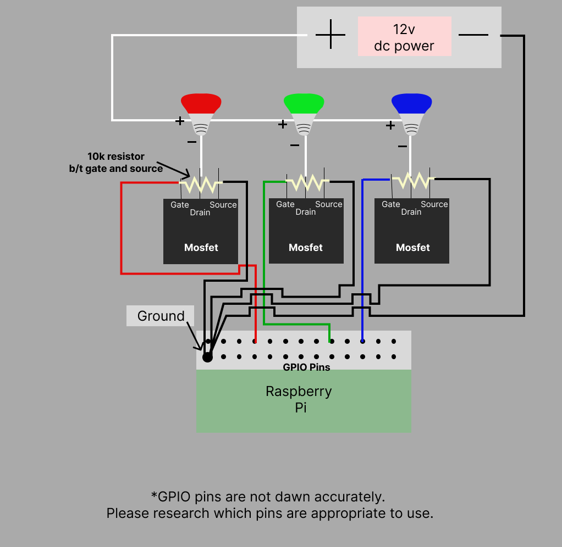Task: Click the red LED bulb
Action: (201, 113)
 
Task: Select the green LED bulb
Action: (304, 113)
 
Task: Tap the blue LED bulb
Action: (411, 113)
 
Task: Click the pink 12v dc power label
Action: (404, 37)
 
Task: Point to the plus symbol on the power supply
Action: (330, 35)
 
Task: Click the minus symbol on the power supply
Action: (473, 35)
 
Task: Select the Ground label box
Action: (161, 316)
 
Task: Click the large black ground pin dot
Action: (207, 357)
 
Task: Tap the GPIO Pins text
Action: (306, 367)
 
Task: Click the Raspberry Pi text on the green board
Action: (299, 399)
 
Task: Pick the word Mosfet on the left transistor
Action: (201, 248)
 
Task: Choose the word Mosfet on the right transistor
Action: (412, 248)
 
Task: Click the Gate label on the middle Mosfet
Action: (285, 204)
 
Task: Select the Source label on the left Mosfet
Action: (223, 205)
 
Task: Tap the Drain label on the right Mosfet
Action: (411, 212)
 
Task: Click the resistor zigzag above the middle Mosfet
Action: (307, 181)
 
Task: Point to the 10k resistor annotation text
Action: (116, 163)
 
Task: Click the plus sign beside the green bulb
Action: (283, 125)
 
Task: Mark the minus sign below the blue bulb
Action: (403, 146)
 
